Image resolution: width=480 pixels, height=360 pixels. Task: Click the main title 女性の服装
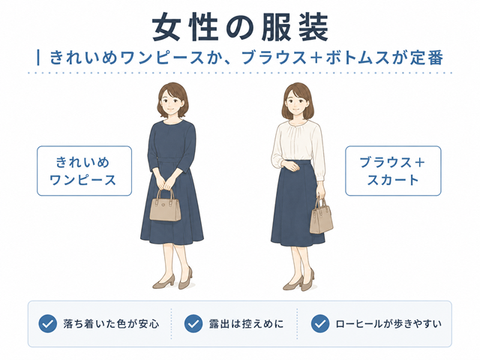click(x=240, y=27)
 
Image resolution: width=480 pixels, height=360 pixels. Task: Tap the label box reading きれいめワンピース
click(x=84, y=171)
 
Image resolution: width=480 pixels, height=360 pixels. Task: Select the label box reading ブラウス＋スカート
click(x=393, y=171)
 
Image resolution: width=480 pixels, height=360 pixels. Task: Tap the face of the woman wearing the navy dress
click(x=172, y=102)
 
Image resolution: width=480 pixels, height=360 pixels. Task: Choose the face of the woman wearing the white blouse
click(x=297, y=103)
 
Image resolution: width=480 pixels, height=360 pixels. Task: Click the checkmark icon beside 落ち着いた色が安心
click(x=48, y=323)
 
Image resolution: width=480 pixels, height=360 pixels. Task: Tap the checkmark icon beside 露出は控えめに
click(x=193, y=323)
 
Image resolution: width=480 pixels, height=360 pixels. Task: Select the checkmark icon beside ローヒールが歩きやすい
click(x=320, y=323)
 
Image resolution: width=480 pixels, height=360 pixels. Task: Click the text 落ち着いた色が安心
click(x=112, y=324)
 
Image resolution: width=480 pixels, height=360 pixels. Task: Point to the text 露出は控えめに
click(x=247, y=324)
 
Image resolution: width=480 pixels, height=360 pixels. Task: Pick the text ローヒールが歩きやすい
click(x=388, y=324)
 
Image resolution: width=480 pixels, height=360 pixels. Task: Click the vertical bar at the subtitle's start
click(x=38, y=58)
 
